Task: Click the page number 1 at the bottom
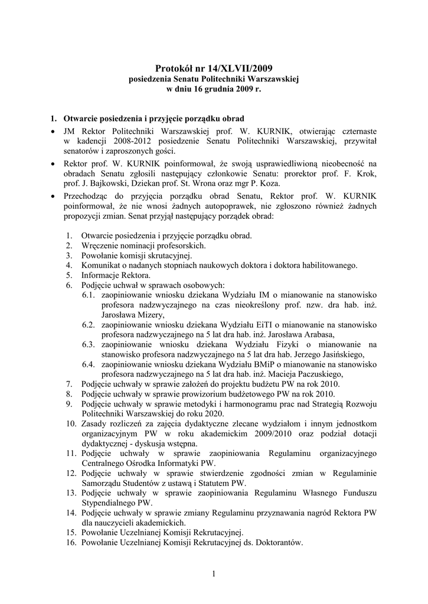click(214, 573)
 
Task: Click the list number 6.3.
click(89, 344)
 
